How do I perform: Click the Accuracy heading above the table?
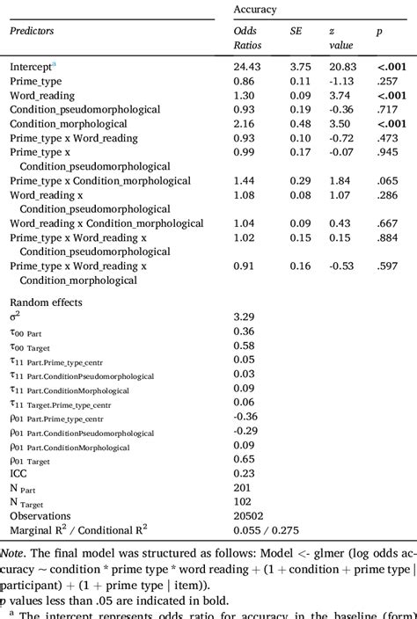(255, 9)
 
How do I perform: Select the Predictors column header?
(32, 31)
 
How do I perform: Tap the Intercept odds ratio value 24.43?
(247, 66)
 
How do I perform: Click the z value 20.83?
(342, 66)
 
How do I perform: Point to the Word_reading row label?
(42, 95)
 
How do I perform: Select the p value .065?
(388, 180)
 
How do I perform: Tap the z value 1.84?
(339, 180)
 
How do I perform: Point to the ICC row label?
(18, 472)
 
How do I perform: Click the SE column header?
(296, 31)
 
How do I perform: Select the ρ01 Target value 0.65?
(244, 458)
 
